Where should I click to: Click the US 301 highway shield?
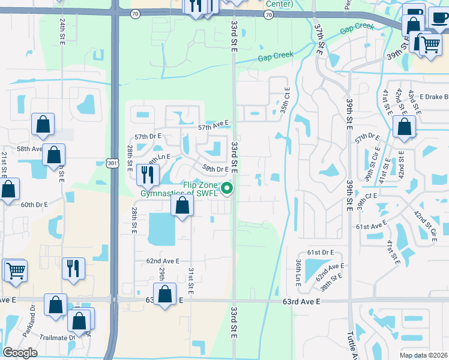pyautogui.click(x=111, y=163)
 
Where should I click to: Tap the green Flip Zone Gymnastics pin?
pyautogui.click(x=228, y=189)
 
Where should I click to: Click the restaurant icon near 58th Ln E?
pyautogui.click(x=146, y=175)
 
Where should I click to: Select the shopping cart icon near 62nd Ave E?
pyautogui.click(x=16, y=270)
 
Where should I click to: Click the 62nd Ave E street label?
pyautogui.click(x=163, y=261)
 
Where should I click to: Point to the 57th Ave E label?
pyautogui.click(x=214, y=125)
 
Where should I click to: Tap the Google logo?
pyautogui.click(x=20, y=353)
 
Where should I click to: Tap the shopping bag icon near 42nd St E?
pyautogui.click(x=405, y=127)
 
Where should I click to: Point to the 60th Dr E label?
pyautogui.click(x=34, y=205)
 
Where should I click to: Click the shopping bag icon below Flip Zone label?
pyautogui.click(x=182, y=206)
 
